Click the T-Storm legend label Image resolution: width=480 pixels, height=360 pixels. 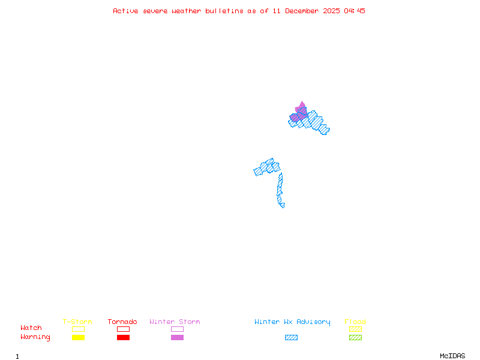tap(77, 322)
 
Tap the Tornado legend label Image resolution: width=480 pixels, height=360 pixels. tap(122, 322)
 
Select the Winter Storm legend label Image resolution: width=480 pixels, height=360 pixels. tap(175, 322)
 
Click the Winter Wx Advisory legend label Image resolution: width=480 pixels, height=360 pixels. tap(292, 322)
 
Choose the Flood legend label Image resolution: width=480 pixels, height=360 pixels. tap(355, 322)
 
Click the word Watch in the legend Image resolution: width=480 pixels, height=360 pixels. tap(31, 328)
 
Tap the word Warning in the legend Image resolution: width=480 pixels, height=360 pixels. tap(35, 337)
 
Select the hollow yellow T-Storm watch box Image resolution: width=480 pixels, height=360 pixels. tap(78, 329)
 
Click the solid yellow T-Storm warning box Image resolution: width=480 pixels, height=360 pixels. tap(78, 338)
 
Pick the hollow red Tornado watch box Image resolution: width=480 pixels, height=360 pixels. tap(123, 329)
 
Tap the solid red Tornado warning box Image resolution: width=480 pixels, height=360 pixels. tap(123, 338)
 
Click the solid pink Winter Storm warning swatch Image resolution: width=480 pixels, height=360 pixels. tap(177, 338)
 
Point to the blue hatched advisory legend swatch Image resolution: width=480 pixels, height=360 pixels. tap(291, 338)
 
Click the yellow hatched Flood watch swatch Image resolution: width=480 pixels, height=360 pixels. tap(355, 329)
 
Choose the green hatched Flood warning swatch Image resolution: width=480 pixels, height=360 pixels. tap(355, 338)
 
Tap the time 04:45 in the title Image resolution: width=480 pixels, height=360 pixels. tap(355, 11)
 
